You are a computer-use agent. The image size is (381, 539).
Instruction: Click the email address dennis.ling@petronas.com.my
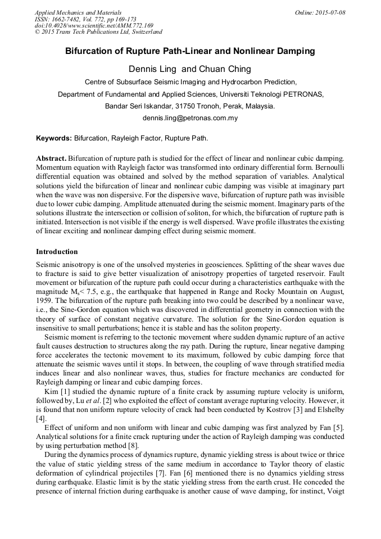point(190,118)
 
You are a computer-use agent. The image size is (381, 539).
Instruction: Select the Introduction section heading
point(57,251)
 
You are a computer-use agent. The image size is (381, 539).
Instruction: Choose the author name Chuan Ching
point(225,69)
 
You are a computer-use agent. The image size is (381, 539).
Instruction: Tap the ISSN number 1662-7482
point(70,19)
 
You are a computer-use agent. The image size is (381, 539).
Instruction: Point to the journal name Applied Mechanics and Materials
point(78,12)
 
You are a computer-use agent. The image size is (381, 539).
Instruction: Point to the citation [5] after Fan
point(339,429)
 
